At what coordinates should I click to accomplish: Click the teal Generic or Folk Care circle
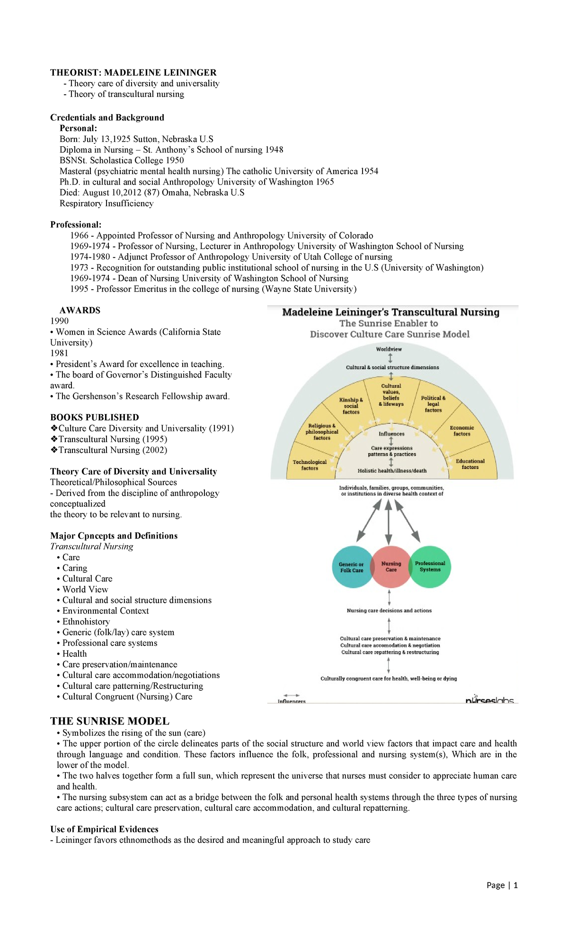coord(351,567)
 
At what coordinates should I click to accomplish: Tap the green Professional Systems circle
coord(430,566)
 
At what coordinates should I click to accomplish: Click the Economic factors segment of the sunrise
coord(461,431)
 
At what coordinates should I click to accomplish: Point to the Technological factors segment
coord(310,465)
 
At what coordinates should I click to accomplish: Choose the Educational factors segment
coord(470,464)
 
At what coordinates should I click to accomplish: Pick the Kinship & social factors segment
coord(351,406)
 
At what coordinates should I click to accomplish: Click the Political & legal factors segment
coord(433,404)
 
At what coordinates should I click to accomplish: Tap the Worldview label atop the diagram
coord(389,349)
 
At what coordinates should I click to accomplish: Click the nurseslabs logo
coord(489,700)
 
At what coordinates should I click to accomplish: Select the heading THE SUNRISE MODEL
coord(110,721)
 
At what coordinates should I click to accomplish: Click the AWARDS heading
coord(80,310)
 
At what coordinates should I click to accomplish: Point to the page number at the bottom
coord(502,885)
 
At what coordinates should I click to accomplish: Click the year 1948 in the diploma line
coord(274,150)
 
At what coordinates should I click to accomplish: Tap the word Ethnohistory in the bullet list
coord(86,622)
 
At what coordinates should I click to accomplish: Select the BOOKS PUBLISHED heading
coord(95,417)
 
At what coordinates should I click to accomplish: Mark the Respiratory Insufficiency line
coord(106,203)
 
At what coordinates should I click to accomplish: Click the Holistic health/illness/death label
coord(392,471)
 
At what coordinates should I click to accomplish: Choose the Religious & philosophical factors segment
coord(322,432)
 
